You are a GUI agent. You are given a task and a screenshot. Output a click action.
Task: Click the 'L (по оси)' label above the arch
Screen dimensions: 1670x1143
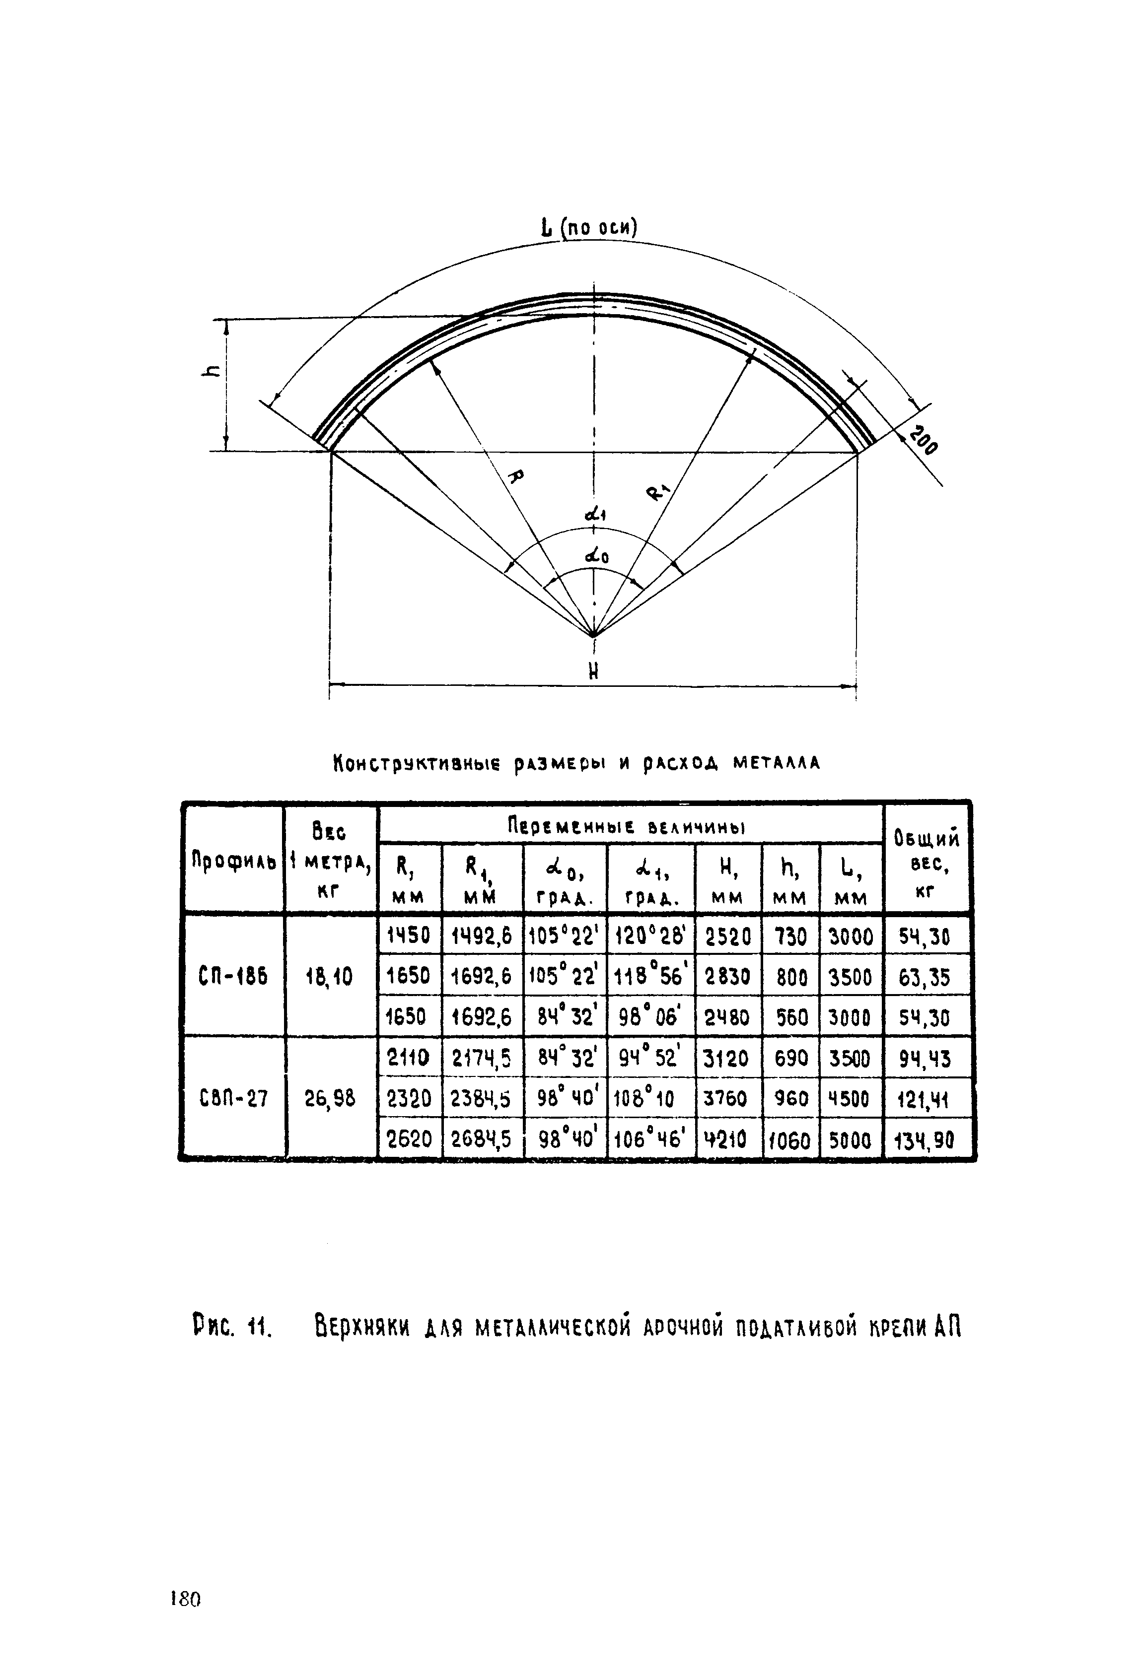(588, 228)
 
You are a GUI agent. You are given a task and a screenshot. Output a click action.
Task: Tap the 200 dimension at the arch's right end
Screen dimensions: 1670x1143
(923, 441)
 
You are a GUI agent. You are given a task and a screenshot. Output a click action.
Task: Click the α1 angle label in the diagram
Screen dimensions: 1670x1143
(596, 514)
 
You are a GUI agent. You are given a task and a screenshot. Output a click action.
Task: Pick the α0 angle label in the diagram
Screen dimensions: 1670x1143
(596, 555)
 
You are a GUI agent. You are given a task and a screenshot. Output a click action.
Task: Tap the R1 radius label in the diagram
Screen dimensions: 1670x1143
(658, 491)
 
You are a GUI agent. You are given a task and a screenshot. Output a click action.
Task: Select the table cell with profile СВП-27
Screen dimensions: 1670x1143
(233, 1098)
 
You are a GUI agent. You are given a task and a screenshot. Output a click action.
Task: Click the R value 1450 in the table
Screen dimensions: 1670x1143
(409, 935)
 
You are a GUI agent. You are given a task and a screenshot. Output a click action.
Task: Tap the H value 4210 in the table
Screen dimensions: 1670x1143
(727, 1139)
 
